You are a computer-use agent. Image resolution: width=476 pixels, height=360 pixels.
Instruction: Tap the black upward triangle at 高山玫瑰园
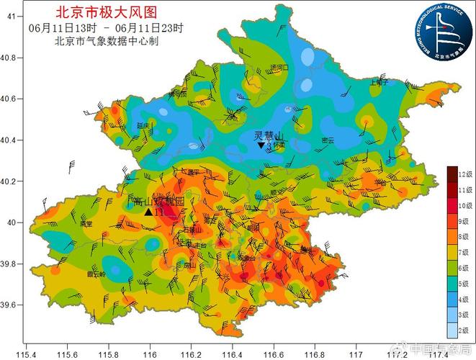coord(148,212)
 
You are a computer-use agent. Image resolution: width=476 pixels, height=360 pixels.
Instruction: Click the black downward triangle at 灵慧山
coord(261,145)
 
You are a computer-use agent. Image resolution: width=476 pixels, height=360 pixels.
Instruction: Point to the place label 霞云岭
coord(96,274)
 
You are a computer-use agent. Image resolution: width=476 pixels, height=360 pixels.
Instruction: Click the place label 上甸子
coord(378,82)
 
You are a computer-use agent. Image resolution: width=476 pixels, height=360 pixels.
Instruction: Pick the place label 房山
coord(190,265)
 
